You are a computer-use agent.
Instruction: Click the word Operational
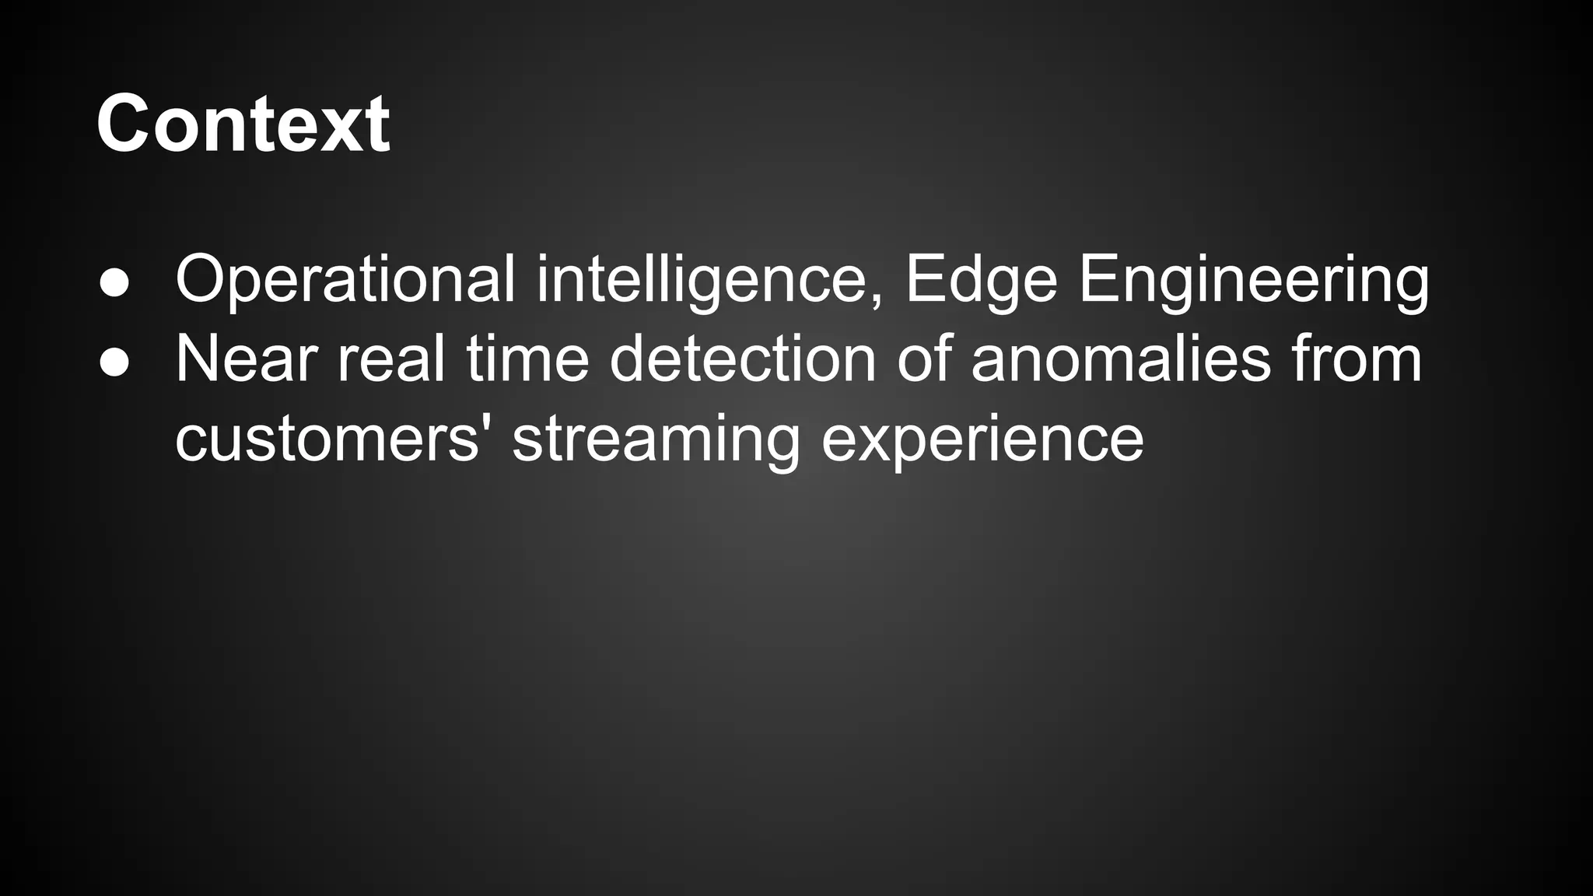(x=345, y=280)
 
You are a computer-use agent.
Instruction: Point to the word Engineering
(x=1253, y=280)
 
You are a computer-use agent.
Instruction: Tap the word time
(x=527, y=359)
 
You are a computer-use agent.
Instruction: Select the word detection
(x=743, y=359)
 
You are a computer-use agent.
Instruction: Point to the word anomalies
(x=1121, y=359)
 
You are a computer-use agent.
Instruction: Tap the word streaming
(x=656, y=440)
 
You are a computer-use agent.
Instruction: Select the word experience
(x=982, y=440)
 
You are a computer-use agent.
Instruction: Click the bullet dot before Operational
(x=114, y=285)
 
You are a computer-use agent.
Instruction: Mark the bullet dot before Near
(x=114, y=364)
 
